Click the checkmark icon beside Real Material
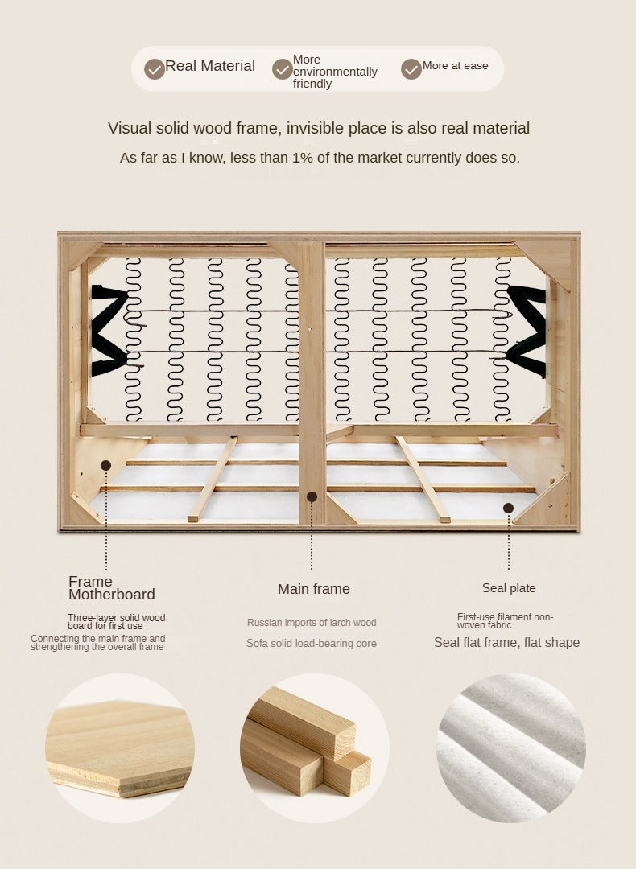tap(155, 69)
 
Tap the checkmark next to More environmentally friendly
tap(283, 69)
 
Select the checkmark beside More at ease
tap(411, 69)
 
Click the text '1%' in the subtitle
tap(302, 158)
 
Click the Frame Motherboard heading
tap(111, 588)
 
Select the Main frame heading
tap(314, 588)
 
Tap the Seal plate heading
tap(509, 588)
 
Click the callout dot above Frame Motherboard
tap(106, 466)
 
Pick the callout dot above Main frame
tap(312, 497)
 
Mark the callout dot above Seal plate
tap(509, 508)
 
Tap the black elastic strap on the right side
tap(527, 331)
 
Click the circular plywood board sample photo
tap(120, 748)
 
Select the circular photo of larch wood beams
tap(315, 748)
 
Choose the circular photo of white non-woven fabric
tap(511, 748)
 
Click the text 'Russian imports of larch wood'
tap(312, 623)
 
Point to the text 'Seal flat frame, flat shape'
tap(507, 642)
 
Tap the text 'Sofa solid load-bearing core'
tap(311, 644)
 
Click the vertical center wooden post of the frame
tap(312, 382)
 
